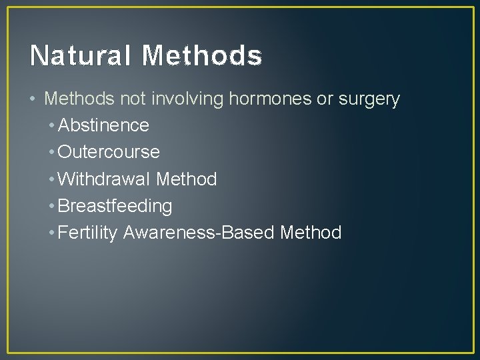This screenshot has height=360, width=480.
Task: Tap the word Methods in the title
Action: [x=202, y=56]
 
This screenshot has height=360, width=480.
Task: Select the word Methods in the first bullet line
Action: [x=80, y=99]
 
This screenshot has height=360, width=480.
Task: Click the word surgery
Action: [x=369, y=100]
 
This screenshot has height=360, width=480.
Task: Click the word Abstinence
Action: [x=103, y=125]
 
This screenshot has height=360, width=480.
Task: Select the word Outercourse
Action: [x=109, y=152]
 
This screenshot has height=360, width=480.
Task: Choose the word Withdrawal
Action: [x=105, y=179]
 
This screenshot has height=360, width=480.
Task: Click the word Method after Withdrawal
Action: [x=187, y=179]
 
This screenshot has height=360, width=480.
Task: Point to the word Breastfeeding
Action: [x=115, y=206]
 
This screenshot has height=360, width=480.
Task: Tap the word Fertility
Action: [x=89, y=233]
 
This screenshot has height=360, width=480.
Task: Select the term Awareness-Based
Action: [x=200, y=233]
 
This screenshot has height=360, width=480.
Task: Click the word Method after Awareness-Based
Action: [x=311, y=233]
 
